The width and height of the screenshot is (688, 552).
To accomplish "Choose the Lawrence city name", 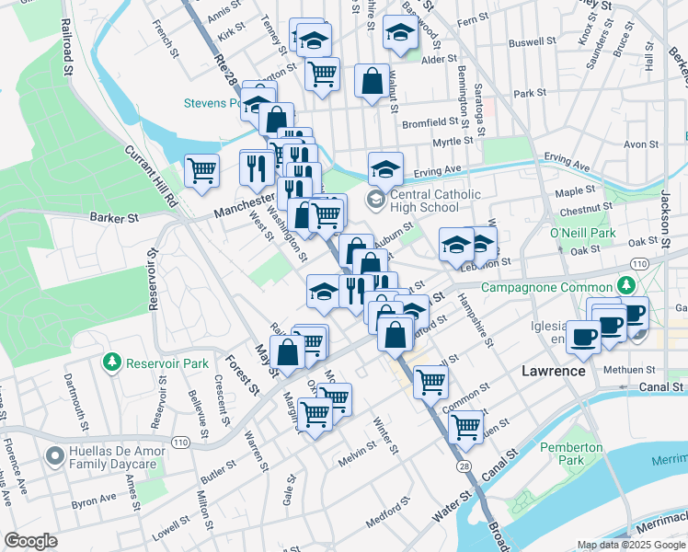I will [553, 371].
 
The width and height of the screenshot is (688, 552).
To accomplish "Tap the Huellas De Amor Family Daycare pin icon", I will [54, 455].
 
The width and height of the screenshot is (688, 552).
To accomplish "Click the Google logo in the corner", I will [30, 541].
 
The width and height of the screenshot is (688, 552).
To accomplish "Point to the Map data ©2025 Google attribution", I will [630, 545].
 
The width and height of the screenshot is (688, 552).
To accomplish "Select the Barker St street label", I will [113, 218].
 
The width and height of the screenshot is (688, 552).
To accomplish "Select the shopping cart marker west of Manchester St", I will [201, 170].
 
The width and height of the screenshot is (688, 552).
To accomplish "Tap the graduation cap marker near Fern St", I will [399, 33].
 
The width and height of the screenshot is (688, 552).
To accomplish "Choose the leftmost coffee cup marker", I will [582, 337].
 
